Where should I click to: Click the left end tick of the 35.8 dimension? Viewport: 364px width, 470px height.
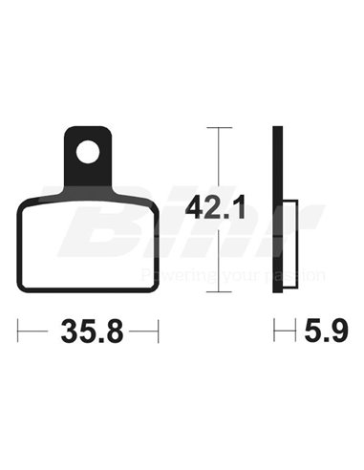[x=19, y=332]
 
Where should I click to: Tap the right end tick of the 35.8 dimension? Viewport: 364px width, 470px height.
[x=157, y=332]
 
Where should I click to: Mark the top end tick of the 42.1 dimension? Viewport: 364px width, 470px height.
[x=221, y=128]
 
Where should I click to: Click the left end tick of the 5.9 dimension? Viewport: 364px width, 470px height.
[x=275, y=332]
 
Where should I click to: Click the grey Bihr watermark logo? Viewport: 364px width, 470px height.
[x=191, y=234]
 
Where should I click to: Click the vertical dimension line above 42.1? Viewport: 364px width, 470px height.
[x=221, y=158]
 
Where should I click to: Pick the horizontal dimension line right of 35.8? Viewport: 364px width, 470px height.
[x=140, y=332]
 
